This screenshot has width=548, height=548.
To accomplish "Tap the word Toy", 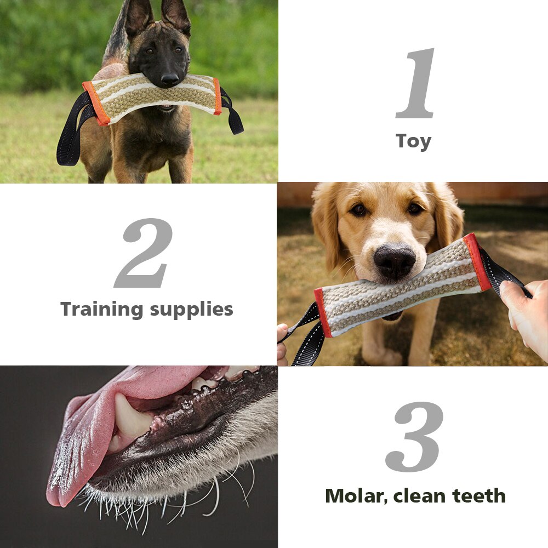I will pos(413,141).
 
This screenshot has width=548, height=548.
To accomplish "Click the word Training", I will pos(100,309).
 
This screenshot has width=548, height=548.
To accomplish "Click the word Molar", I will pos(355,496).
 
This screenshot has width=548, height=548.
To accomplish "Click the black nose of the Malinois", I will pos(169,80).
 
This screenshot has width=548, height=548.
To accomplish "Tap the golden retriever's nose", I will pos(395,260).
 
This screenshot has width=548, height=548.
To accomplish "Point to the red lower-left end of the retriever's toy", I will pos(323,312).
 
